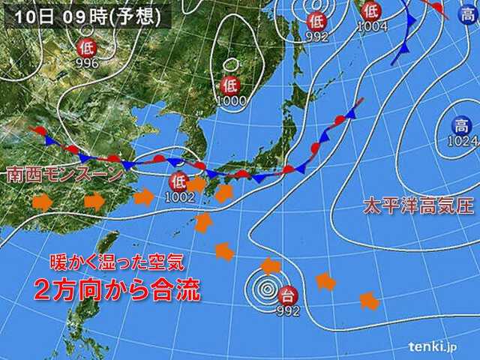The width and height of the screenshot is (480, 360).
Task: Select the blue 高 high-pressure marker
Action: pos(458,125)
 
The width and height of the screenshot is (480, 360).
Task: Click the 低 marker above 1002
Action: pos(178,181)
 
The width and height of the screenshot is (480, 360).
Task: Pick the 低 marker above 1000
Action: pos(231,84)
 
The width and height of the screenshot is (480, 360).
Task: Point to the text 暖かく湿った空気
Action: pos(116,264)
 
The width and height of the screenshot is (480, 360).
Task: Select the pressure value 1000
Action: pos(231,100)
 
